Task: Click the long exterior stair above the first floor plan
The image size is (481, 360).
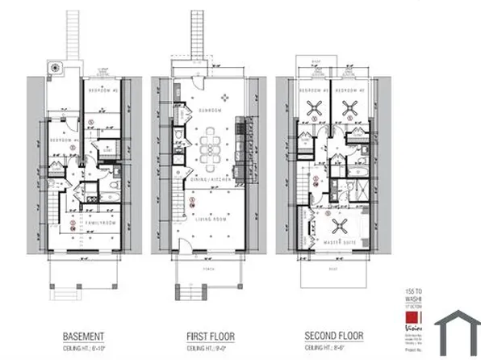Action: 199,36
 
